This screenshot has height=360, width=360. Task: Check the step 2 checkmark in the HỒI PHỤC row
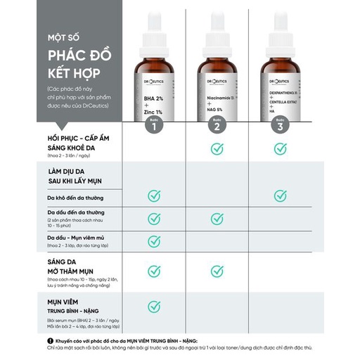pos(217,148)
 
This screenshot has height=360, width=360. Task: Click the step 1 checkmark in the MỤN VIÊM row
pos(154,306)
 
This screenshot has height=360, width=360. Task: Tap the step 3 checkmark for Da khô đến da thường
pos(281,196)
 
